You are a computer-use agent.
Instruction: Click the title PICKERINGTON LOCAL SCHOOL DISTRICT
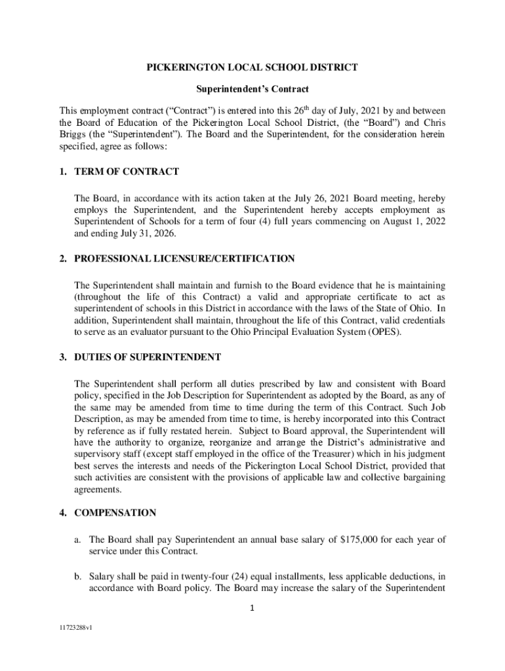point(253,67)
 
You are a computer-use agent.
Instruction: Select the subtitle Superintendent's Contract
point(253,88)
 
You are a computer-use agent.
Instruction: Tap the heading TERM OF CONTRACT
point(127,172)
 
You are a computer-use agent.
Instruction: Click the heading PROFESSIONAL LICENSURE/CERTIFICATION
point(184,259)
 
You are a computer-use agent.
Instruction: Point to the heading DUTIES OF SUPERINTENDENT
point(148,357)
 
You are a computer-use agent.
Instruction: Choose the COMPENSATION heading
point(115,512)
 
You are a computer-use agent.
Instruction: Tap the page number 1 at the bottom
point(253,607)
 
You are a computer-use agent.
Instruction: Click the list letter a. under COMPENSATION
point(77,540)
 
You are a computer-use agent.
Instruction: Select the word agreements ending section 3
point(98,489)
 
